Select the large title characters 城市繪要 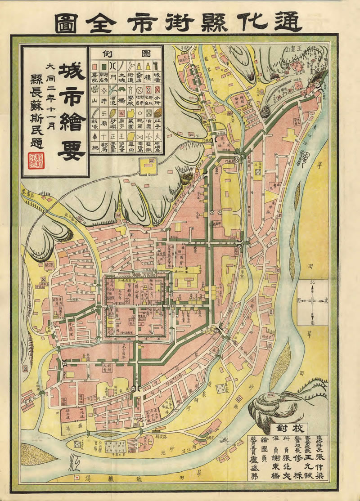click(71, 112)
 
